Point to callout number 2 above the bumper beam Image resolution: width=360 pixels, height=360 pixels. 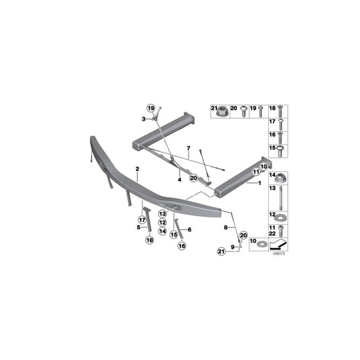[x=136, y=168]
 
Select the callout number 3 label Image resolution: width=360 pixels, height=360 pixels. [x=144, y=119]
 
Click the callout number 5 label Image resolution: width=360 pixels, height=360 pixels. [x=137, y=228]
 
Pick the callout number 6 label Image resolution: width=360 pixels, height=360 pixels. [x=190, y=230]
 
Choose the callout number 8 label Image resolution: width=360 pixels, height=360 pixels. [x=226, y=229]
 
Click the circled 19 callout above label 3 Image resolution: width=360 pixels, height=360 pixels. [x=151, y=108]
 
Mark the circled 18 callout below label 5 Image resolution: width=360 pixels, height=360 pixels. [x=148, y=240]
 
